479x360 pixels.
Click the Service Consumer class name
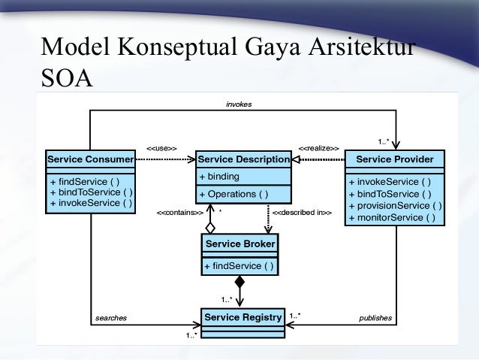pyautogui.click(x=90, y=159)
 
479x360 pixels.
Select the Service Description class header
pyautogui.click(x=243, y=159)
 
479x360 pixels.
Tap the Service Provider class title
pyautogui.click(x=394, y=159)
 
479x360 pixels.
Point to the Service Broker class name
pyautogui.click(x=240, y=244)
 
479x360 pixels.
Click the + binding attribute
pyautogui.click(x=219, y=177)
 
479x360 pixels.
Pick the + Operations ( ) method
pyautogui.click(x=233, y=195)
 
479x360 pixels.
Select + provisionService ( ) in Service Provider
pyautogui.click(x=395, y=206)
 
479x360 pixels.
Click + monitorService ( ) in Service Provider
pyautogui.click(x=391, y=218)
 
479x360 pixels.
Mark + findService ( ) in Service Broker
pyautogui.click(x=238, y=266)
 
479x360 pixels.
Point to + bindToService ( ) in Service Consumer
pyautogui.click(x=90, y=192)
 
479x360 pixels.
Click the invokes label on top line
pyautogui.click(x=239, y=104)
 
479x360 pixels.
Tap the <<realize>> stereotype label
pyautogui.click(x=319, y=148)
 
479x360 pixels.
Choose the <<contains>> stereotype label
pyautogui.click(x=180, y=213)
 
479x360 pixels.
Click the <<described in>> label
pyautogui.click(x=302, y=213)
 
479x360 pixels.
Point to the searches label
pyautogui.click(x=110, y=318)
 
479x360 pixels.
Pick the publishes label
pyautogui.click(x=375, y=318)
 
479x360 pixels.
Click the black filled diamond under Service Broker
pyautogui.click(x=239, y=283)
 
